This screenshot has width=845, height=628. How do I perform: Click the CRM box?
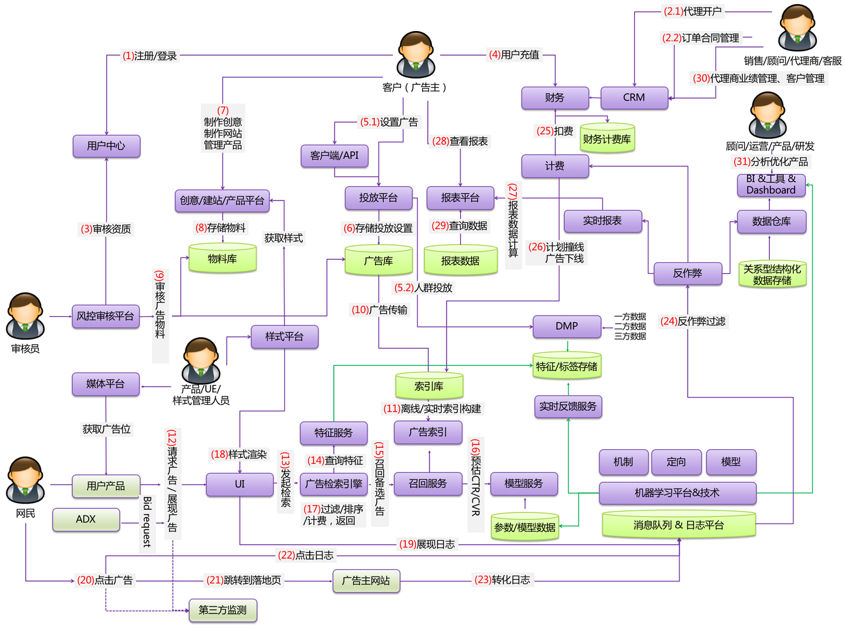tap(634, 98)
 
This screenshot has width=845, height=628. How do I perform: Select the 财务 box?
tap(555, 98)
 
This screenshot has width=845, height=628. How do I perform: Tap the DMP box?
tap(567, 327)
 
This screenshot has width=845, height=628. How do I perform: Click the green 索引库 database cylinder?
tap(429, 386)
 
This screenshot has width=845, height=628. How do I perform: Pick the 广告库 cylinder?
tap(378, 261)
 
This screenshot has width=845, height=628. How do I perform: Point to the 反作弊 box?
tap(688, 273)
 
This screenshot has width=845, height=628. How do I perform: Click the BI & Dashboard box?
tap(771, 185)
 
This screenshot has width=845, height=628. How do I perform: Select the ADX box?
tap(86, 520)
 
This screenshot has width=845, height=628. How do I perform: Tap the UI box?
tap(239, 484)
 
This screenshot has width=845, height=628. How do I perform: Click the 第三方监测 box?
tap(222, 610)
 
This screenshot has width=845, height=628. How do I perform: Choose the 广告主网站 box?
tap(366, 581)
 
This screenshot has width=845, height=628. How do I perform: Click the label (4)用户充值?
tap(514, 55)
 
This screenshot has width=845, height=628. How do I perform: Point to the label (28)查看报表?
tap(460, 141)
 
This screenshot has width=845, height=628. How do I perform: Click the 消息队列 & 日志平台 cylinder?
tap(678, 525)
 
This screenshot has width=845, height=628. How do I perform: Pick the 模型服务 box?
tap(523, 484)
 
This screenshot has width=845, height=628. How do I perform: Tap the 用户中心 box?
tap(106, 146)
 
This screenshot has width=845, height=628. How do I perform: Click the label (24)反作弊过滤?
tap(693, 321)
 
